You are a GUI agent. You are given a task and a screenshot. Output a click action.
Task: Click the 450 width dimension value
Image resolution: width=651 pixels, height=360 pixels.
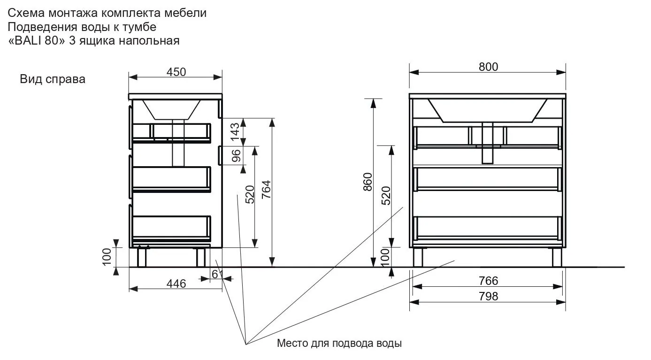(x=176, y=72)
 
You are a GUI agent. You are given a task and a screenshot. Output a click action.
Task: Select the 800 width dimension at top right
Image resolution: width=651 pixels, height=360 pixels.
(x=488, y=67)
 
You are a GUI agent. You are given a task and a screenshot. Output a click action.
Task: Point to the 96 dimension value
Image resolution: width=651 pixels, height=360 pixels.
(x=236, y=155)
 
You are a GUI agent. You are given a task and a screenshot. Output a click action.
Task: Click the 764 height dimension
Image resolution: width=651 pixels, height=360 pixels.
(x=266, y=190)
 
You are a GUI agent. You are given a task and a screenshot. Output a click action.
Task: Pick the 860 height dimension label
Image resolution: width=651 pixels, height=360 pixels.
(x=368, y=182)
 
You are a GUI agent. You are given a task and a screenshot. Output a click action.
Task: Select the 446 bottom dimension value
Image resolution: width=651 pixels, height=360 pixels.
(x=176, y=283)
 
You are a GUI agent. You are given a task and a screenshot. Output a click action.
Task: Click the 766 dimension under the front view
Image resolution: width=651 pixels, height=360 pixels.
(x=488, y=281)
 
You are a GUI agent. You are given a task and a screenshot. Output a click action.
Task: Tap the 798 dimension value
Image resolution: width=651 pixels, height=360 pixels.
(x=488, y=296)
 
